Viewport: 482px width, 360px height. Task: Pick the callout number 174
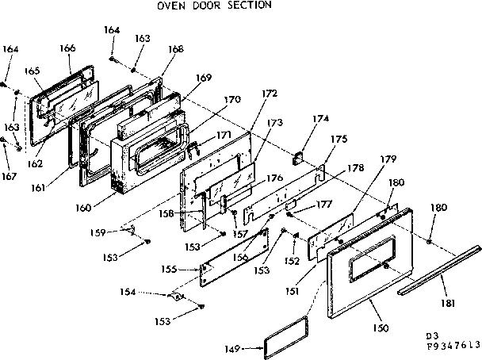tap(319, 119)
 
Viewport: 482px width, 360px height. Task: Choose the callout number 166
tap(67, 48)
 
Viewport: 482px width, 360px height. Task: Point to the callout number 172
tap(270, 94)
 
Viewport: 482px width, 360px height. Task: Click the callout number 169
tap(205, 78)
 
